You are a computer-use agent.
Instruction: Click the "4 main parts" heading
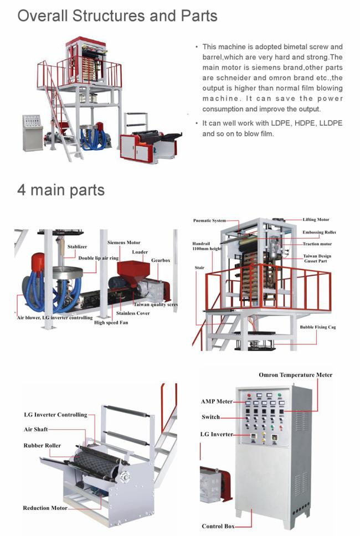61,190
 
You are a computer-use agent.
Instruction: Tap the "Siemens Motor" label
124,243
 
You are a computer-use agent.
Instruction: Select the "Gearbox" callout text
160,260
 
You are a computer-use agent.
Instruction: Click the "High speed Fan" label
111,322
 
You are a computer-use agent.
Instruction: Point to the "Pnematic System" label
209,220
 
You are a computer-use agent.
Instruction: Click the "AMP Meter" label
217,401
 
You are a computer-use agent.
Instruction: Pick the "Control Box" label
217,526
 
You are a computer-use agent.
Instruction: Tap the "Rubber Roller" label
42,445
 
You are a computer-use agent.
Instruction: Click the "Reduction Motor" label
45,508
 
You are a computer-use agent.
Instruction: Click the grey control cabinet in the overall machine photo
33,132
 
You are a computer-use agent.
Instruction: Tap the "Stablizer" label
77,246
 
